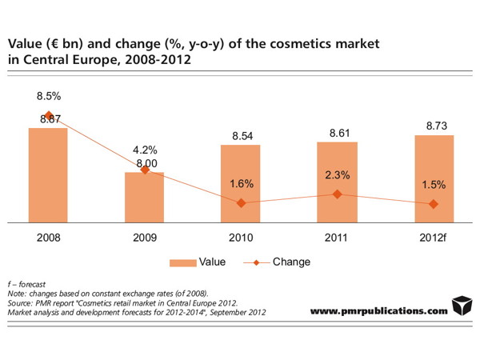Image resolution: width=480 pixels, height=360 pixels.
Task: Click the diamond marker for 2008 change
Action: click(49, 115)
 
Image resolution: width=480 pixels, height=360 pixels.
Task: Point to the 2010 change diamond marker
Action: click(241, 203)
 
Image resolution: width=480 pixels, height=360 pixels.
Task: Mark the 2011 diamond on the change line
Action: click(337, 194)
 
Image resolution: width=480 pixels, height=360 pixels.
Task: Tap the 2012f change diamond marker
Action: click(434, 204)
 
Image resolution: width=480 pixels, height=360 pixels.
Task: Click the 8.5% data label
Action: click(49, 96)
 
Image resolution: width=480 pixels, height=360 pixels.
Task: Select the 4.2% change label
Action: click(145, 150)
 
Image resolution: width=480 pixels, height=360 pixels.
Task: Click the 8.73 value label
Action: click(434, 126)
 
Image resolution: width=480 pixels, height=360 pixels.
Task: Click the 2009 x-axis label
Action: click(145, 238)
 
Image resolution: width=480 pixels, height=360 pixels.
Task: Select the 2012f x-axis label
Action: click(434, 238)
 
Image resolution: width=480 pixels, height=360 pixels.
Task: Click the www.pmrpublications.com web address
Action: click(378, 310)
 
